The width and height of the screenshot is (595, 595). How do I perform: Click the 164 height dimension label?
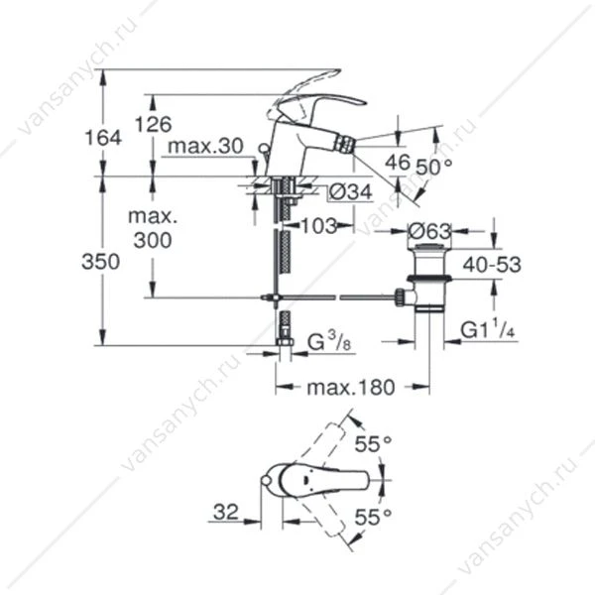click(x=103, y=138)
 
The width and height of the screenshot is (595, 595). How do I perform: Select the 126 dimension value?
click(x=154, y=124)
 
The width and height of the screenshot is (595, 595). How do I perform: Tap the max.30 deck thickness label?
click(x=205, y=146)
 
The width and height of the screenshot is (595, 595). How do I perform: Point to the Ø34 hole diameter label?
click(x=351, y=192)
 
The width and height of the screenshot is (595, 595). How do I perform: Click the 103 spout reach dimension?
click(x=319, y=226)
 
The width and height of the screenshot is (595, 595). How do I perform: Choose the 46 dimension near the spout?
click(x=398, y=162)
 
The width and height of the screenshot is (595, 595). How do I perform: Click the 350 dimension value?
click(x=100, y=262)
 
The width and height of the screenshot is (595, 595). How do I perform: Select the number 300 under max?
click(x=153, y=240)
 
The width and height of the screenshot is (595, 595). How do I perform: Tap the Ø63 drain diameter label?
click(x=429, y=231)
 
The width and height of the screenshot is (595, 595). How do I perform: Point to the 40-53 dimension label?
click(x=492, y=265)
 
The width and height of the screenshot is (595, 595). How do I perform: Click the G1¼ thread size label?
click(x=488, y=329)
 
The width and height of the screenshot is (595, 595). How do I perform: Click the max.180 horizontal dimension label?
click(x=351, y=388)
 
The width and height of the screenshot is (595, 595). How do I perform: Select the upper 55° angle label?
click(x=373, y=444)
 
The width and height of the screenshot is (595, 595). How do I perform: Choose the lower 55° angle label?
click(x=373, y=517)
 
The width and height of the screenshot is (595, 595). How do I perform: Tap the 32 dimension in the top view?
click(x=226, y=512)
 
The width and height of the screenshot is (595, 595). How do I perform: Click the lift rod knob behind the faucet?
click(x=263, y=148)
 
